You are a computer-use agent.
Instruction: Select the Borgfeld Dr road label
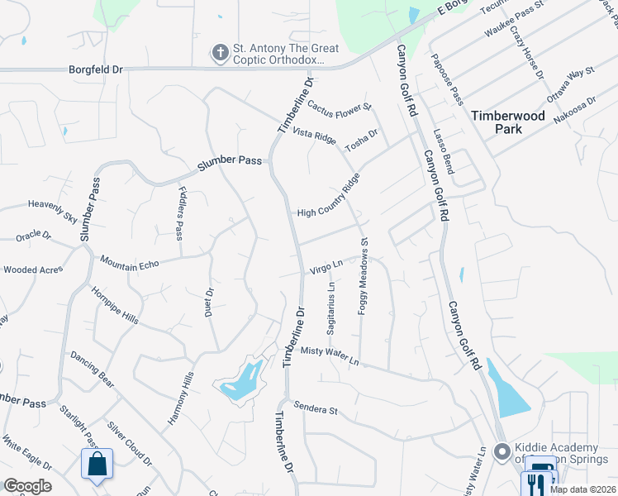point(96,70)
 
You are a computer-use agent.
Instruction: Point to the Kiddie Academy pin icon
point(501,452)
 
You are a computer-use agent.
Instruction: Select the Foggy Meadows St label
point(363,277)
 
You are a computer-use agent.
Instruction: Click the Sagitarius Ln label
point(330,308)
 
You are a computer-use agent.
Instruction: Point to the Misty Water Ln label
point(330,356)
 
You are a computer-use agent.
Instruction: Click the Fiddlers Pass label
point(181,213)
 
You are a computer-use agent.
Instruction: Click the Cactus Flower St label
point(340,107)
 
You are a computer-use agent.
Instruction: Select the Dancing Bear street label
point(92,369)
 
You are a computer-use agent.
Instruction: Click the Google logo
point(27,486)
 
